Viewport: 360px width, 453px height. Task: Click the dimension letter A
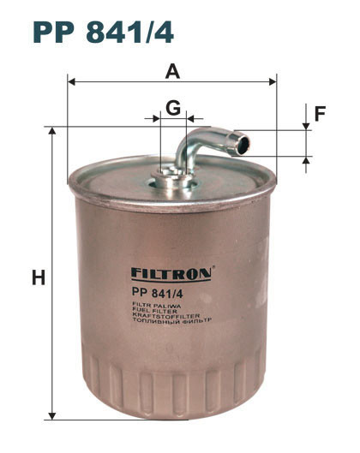click(x=172, y=72)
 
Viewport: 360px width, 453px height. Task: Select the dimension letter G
click(x=173, y=108)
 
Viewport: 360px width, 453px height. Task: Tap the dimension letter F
click(x=320, y=114)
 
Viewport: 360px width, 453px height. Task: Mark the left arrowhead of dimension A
click(x=71, y=82)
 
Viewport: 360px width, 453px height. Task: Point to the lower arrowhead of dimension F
click(x=306, y=160)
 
